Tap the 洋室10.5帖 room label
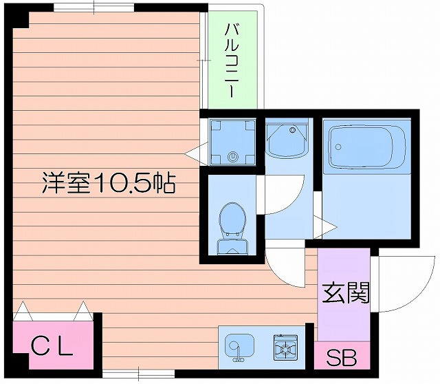click(x=108, y=184)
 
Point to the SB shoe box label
click(x=341, y=358)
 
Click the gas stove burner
click(x=285, y=348)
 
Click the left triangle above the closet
click(x=23, y=311)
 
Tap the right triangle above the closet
click(x=82, y=311)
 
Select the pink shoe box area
click(x=342, y=359)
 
